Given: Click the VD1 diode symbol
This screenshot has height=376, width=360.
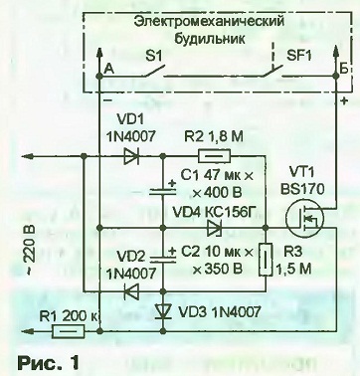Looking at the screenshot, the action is coord(131,156).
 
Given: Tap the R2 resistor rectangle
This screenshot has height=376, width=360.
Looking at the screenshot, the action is coord(214,156).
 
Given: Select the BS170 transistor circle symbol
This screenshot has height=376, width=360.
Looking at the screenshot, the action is coord(302,219).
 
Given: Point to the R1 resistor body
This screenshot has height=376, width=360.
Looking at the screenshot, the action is coord(69,331).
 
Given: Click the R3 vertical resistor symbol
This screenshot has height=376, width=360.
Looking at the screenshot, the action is coord(266,260).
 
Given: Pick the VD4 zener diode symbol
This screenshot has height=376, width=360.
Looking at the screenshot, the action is coord(214,228).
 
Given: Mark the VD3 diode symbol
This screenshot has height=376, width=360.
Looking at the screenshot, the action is coord(163,311).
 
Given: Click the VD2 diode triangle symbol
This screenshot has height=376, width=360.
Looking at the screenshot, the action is coord(131,291).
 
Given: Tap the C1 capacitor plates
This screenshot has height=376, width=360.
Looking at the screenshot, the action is coord(163,191).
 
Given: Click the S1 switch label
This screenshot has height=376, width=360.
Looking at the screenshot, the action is coord(153,57).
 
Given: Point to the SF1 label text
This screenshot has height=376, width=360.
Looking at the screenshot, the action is coord(299,56).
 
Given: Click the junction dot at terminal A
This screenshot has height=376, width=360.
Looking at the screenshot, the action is coord(99,77).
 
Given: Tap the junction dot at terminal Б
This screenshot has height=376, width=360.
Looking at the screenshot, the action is coord(336,76).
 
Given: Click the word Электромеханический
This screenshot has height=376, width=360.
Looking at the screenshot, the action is coord(210,22).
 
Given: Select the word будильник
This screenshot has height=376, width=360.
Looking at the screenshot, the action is coord(210,39).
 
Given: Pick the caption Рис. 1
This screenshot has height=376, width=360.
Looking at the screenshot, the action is coord(49,363).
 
